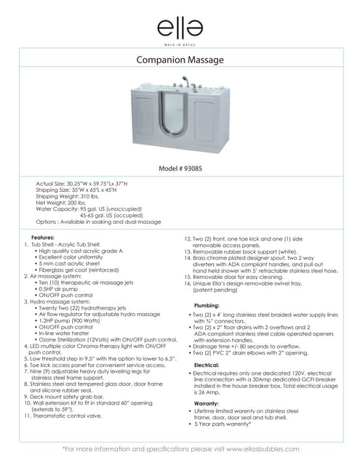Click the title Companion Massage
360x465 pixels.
coord(180,60)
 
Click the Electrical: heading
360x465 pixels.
coord(207,365)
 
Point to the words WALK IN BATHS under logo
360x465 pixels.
coord(180,44)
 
